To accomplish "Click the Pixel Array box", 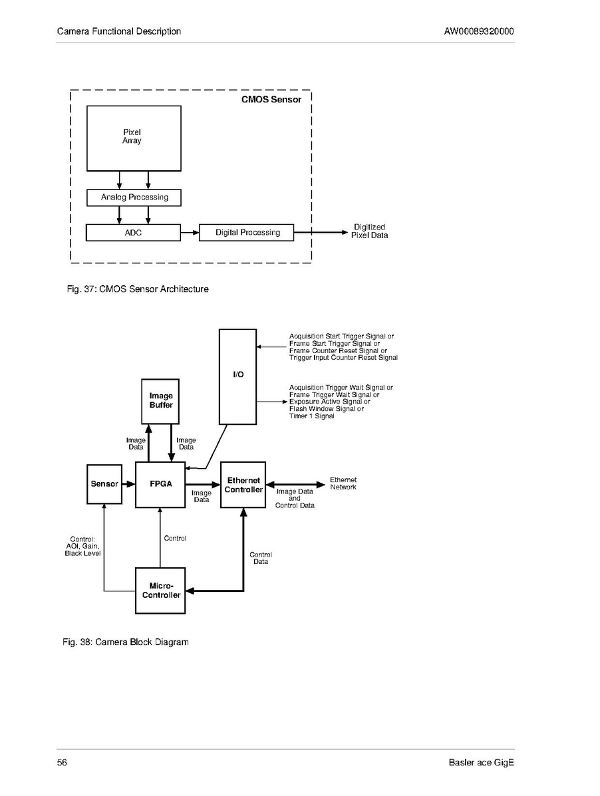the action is tap(134, 138).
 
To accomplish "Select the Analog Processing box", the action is tap(134, 198).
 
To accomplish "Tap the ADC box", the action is tap(134, 233).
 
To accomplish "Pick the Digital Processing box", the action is tap(247, 233).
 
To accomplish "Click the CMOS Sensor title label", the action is tap(271, 100).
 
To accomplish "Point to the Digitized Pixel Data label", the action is tap(370, 231).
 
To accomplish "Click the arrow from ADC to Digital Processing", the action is tap(190, 233).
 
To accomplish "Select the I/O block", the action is tap(237, 376).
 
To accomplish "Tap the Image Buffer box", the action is tap(160, 401).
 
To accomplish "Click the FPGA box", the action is tap(160, 485).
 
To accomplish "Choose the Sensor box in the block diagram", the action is tap(104, 484).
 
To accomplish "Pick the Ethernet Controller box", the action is tap(243, 485).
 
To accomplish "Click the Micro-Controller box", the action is tap(160, 591).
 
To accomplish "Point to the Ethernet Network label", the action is tap(343, 483).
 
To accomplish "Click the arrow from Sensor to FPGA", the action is tap(129, 484).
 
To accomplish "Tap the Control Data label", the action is tap(260, 558).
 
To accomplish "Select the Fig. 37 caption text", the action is tap(138, 289).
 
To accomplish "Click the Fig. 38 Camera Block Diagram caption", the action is tap(125, 642).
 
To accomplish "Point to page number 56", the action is tap(62, 763).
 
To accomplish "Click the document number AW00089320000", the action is tap(479, 31).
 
